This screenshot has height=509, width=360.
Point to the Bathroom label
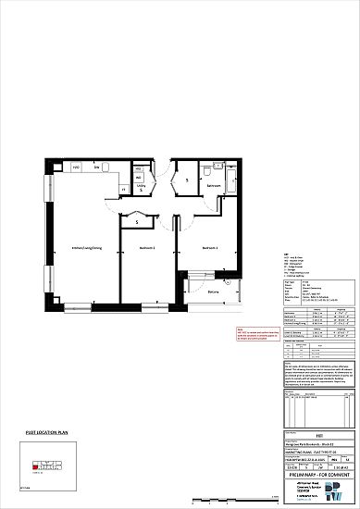pos(214,186)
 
